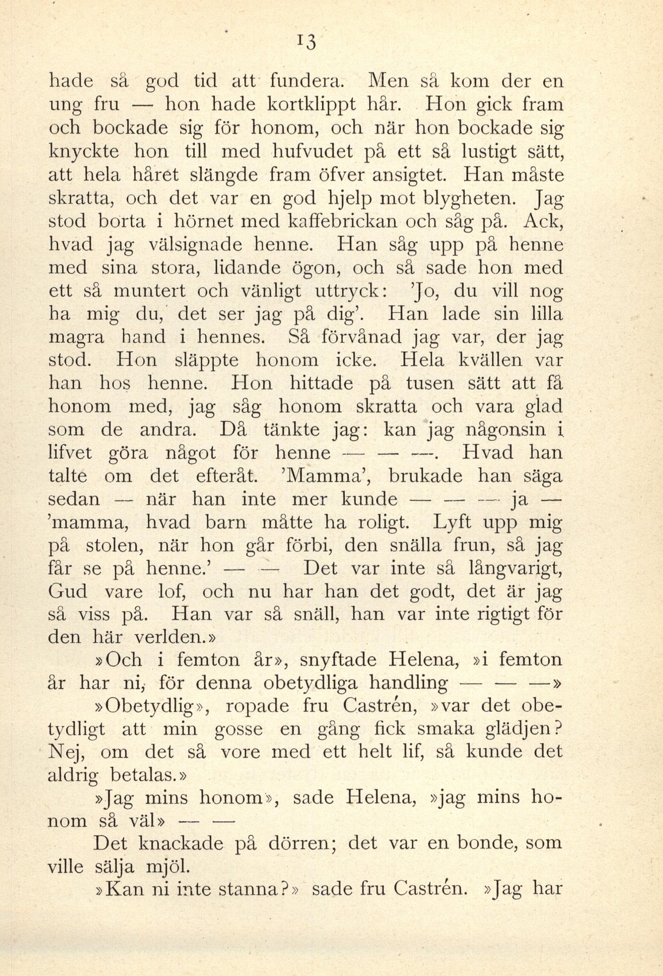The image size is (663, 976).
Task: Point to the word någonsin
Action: coord(507,430)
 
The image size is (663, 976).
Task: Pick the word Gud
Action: coord(67,591)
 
